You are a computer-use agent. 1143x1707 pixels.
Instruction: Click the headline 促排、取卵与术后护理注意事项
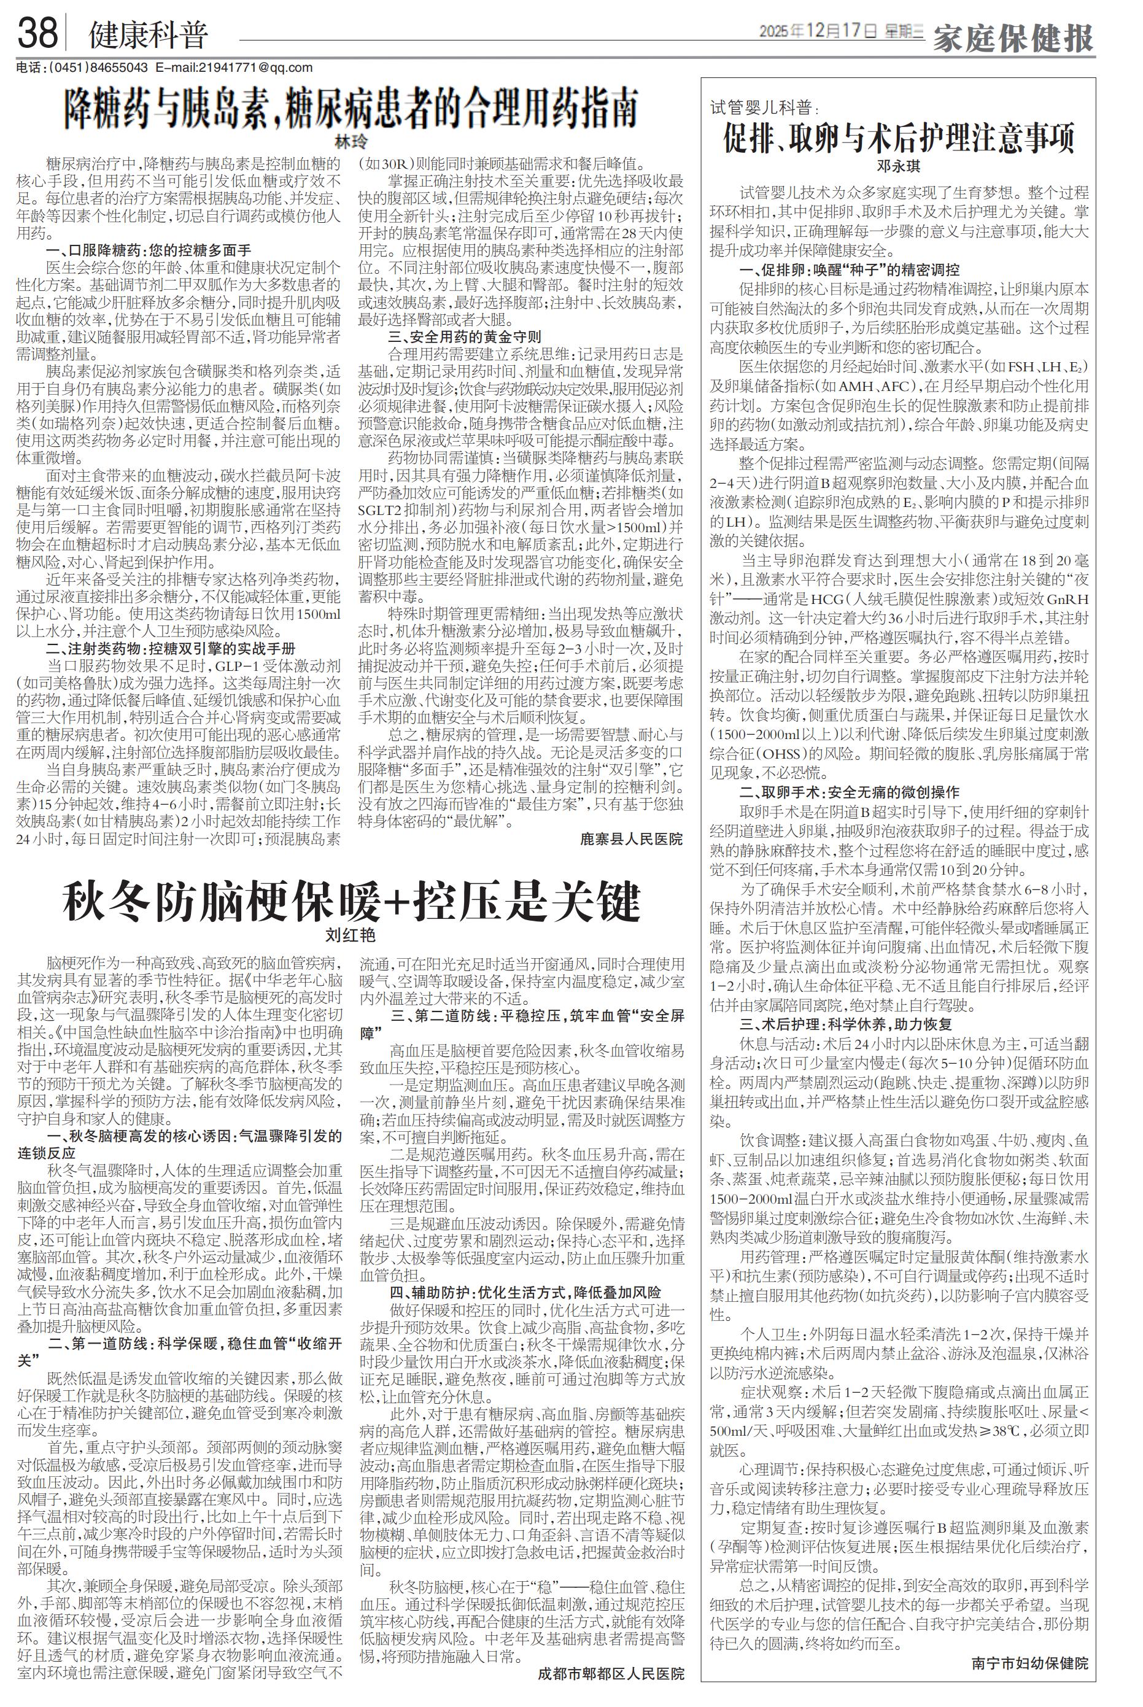tap(898, 137)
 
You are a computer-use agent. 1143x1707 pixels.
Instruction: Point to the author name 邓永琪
tap(898, 166)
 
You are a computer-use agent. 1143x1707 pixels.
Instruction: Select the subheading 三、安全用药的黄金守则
tap(465, 337)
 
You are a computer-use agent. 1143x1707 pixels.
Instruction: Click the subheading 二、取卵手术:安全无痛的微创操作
tap(849, 792)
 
